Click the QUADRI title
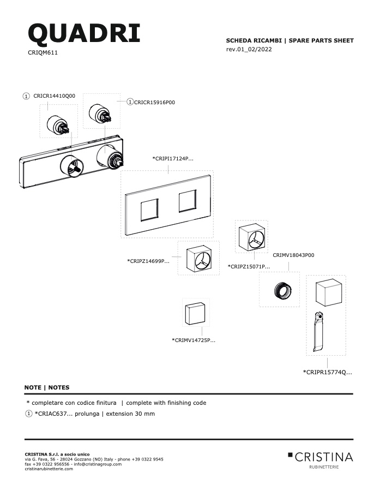pyautogui.click(x=84, y=33)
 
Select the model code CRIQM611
pyautogui.click(x=43, y=52)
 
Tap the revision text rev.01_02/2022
pyautogui.click(x=249, y=49)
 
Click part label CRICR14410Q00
pyautogui.click(x=54, y=96)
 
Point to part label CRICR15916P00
pyautogui.click(x=154, y=103)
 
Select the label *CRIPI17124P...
pyautogui.click(x=173, y=158)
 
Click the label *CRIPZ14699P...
pyautogui.click(x=148, y=261)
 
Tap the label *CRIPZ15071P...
pyautogui.click(x=249, y=266)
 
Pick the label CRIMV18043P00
pyautogui.click(x=293, y=255)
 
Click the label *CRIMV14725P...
pyautogui.click(x=194, y=340)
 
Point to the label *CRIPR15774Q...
pyautogui.click(x=328, y=372)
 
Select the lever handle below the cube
pyautogui.click(x=318, y=332)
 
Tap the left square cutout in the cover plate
pyautogui.click(x=149, y=210)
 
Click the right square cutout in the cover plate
pyautogui.click(x=188, y=201)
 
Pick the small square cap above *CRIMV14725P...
pyautogui.click(x=195, y=313)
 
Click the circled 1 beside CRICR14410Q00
pyautogui.click(x=26, y=96)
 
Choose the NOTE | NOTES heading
pyautogui.click(x=47, y=387)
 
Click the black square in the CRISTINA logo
pyautogui.click(x=290, y=454)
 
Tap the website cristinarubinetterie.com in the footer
pyautogui.click(x=49, y=469)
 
